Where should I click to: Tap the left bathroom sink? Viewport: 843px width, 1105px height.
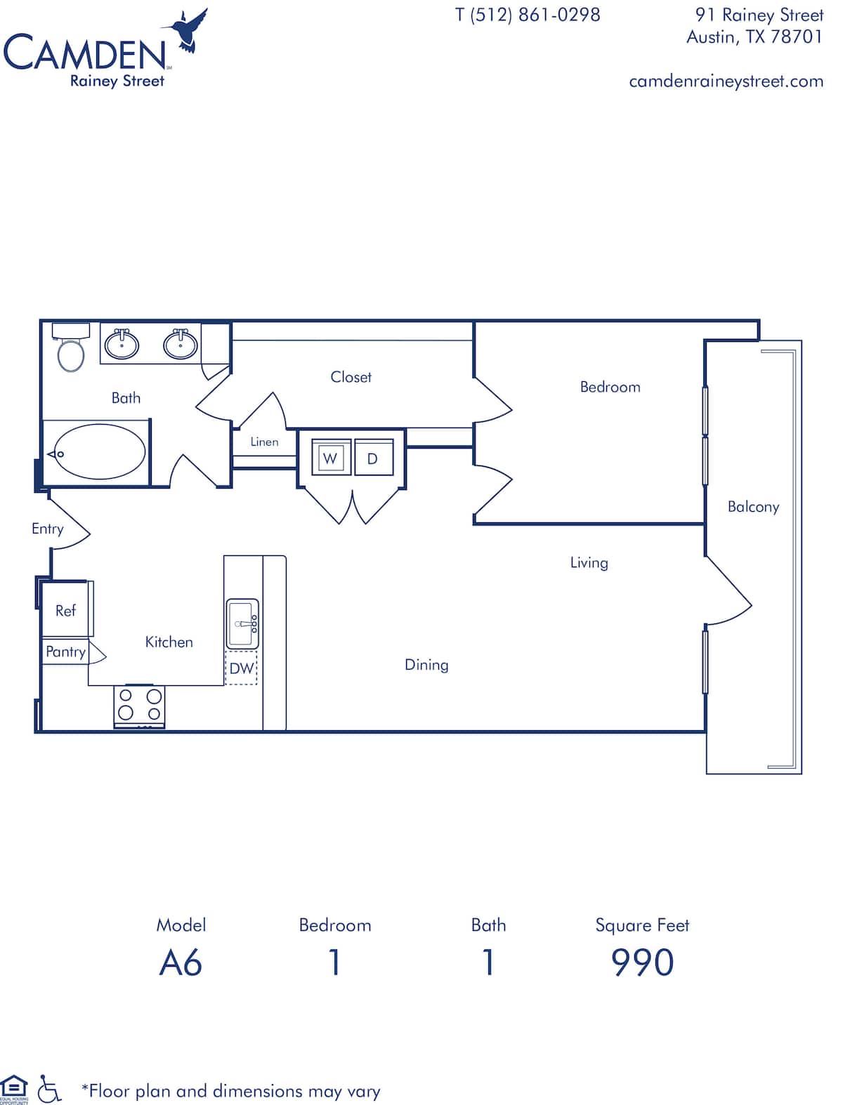[x=122, y=344]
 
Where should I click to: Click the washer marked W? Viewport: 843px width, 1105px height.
[x=330, y=458]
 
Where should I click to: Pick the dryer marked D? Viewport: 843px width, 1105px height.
[x=373, y=458]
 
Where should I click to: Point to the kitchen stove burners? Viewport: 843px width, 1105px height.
[x=139, y=704]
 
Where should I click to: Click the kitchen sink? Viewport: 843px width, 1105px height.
[x=242, y=623]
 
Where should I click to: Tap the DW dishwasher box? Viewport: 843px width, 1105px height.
[x=242, y=668]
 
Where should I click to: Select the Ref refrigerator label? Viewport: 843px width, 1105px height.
[x=65, y=611]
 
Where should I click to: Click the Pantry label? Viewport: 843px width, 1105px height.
[x=65, y=651]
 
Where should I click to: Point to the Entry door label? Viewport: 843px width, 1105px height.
[x=47, y=529]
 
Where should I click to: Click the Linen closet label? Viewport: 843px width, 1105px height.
[x=264, y=442]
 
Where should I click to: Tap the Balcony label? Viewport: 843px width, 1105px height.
[x=753, y=507]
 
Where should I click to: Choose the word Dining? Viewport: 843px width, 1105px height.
[x=426, y=665]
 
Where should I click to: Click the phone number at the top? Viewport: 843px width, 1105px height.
[x=528, y=15]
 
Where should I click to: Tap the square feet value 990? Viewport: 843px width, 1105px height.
[x=642, y=962]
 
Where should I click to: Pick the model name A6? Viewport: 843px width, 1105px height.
[x=181, y=962]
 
